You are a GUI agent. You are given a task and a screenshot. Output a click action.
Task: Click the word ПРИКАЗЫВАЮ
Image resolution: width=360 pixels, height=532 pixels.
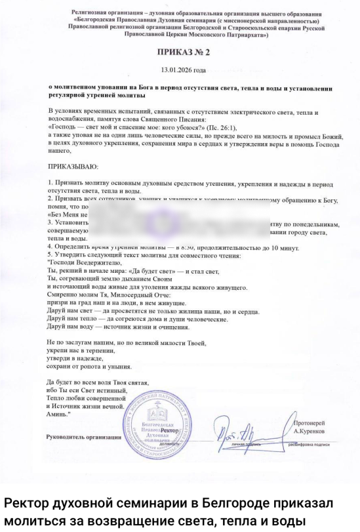[x=73, y=167]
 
